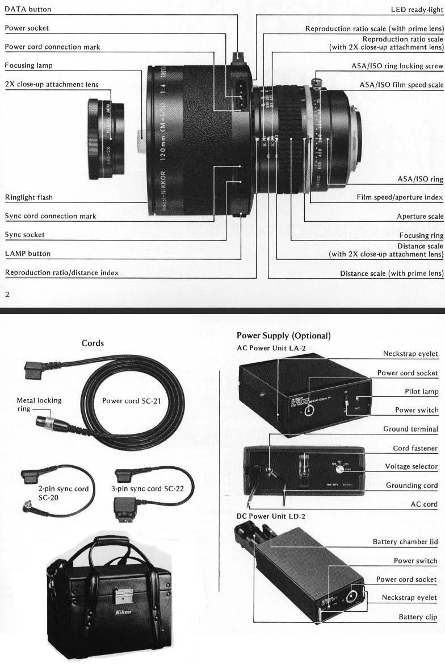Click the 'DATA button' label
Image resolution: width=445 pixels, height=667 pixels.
pyautogui.click(x=28, y=9)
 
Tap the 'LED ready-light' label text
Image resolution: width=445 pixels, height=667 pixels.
pyautogui.click(x=417, y=10)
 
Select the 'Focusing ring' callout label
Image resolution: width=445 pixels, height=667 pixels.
pyautogui.click(x=421, y=235)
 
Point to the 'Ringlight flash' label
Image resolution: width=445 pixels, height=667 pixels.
pyautogui.click(x=29, y=197)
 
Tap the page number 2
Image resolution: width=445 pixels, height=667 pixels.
pyautogui.click(x=7, y=294)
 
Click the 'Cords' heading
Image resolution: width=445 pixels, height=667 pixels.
pyautogui.click(x=93, y=343)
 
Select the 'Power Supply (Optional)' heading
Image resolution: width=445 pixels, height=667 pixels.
pyautogui.click(x=283, y=335)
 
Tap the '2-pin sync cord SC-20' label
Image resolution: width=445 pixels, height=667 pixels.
pyautogui.click(x=56, y=492)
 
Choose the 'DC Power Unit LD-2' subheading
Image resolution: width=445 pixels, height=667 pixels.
pyautogui.click(x=270, y=516)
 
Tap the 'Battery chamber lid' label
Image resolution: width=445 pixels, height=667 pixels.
pyautogui.click(x=405, y=542)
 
